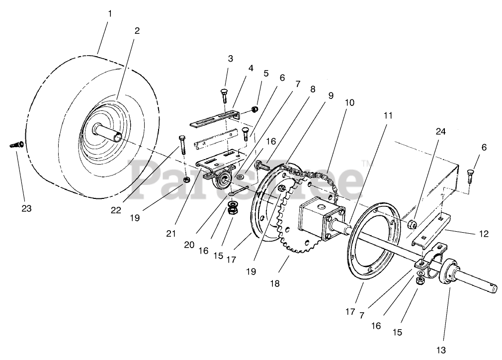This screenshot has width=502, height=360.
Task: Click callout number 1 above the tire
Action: pos(110,13)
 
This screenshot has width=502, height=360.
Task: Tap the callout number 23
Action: pos(27,208)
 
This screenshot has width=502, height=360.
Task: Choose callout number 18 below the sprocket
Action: pos(275,283)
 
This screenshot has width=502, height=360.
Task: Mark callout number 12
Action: pos(470,233)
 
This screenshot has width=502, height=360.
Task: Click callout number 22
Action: pos(116,209)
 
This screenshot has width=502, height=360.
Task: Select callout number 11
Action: pos(388,115)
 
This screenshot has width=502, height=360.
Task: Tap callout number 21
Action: pos(171,233)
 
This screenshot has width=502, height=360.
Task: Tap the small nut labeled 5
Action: pos(254,109)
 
